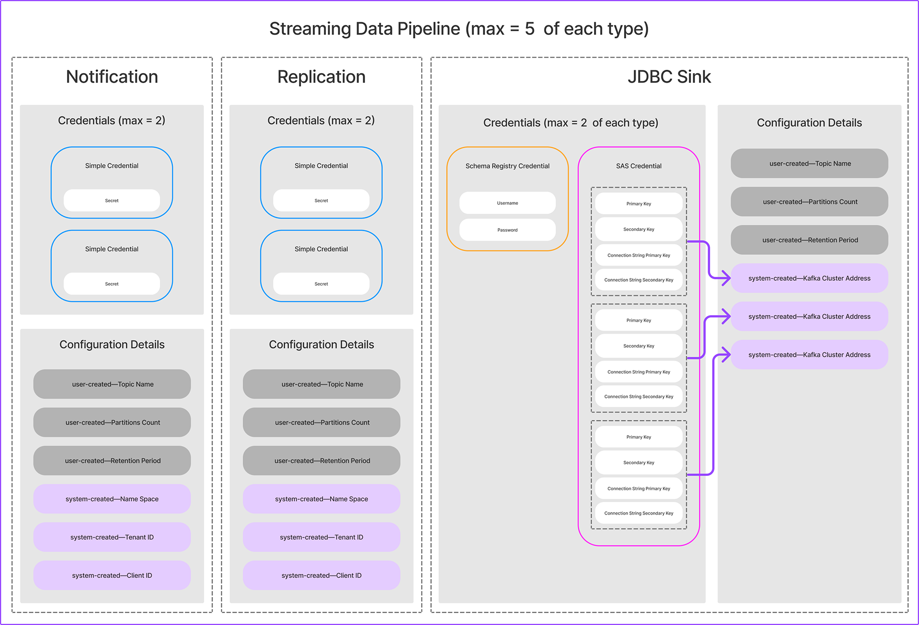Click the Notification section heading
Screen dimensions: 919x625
pos(112,77)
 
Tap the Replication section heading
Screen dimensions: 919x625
pos(322,77)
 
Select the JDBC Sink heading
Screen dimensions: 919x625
pos(669,77)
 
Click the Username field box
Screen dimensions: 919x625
pos(507,203)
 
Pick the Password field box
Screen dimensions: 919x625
pos(507,230)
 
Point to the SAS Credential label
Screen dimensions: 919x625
pos(639,166)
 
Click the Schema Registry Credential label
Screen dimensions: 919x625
pos(507,166)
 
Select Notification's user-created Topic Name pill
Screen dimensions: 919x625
pos(112,384)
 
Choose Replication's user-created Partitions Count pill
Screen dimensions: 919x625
pos(322,422)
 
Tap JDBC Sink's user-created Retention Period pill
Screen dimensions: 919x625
pos(809,240)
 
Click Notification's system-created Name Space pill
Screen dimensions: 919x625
pos(112,499)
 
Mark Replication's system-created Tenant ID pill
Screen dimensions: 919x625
pos(322,537)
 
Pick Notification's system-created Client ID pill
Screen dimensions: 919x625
pos(112,575)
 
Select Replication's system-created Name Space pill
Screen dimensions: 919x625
pos(322,499)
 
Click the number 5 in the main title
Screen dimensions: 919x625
pos(529,29)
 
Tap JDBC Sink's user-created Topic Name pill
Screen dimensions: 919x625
pos(809,164)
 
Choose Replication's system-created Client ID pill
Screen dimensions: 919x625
pos(322,575)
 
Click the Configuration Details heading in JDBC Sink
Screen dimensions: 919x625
pos(809,123)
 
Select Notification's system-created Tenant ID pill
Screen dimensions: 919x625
pos(112,537)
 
